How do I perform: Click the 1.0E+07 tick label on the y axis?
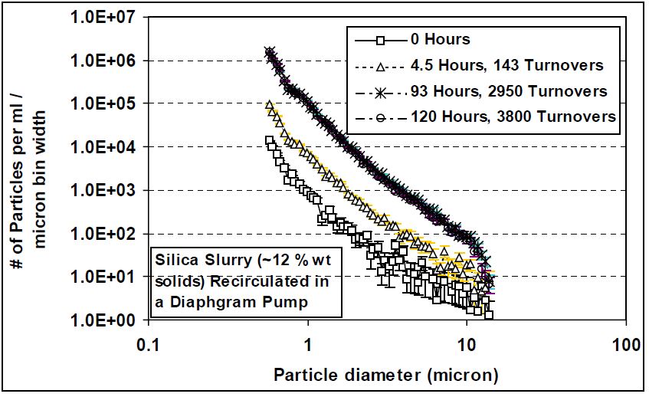(x=103, y=17)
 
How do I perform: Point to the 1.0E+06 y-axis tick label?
(x=103, y=60)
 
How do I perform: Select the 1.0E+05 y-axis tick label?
(x=103, y=103)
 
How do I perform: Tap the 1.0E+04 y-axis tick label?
(x=103, y=146)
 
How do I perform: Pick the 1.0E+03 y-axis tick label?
(x=103, y=190)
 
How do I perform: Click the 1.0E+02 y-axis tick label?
(x=103, y=233)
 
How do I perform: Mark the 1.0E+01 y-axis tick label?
(x=103, y=277)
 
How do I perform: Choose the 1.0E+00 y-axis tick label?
(x=103, y=320)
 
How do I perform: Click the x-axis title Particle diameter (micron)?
(x=387, y=376)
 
